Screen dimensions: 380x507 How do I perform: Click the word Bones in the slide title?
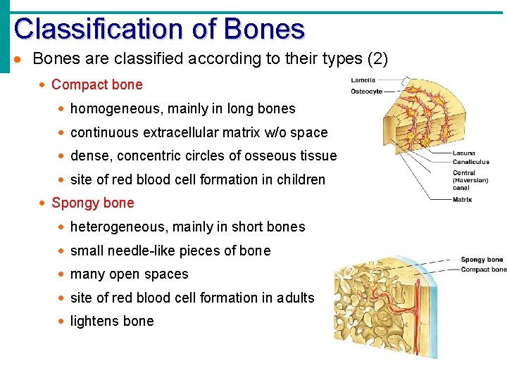[x=264, y=29]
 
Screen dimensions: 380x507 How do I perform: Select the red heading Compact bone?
[x=96, y=85]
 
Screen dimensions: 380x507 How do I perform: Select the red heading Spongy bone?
[x=92, y=203]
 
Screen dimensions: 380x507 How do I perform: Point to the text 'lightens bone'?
[x=112, y=322]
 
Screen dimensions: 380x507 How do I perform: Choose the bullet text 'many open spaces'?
[x=130, y=274]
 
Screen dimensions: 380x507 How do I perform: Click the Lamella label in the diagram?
[x=363, y=80]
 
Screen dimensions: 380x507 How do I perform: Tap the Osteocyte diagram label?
[x=366, y=92]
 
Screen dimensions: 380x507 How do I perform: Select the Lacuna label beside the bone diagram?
[x=464, y=153]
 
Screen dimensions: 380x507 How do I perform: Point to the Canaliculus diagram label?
[x=470, y=162]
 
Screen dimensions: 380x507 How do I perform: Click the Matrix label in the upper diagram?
[x=463, y=200]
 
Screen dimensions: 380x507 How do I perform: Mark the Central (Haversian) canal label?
[x=470, y=180]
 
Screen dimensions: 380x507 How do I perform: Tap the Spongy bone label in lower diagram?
[x=482, y=260]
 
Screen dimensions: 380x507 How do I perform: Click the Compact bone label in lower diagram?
[x=483, y=270]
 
